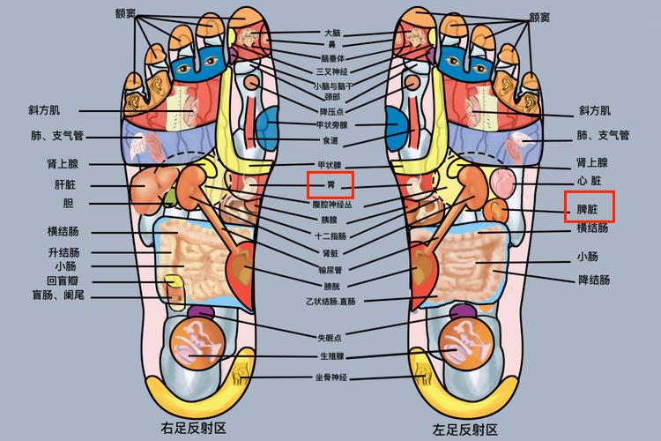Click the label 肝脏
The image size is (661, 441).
pos(67,185)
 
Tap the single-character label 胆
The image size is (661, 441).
pos(68,204)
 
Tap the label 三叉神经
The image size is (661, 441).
pos(330,71)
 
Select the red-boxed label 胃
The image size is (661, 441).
pos(330,184)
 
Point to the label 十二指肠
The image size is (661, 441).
pos(330,236)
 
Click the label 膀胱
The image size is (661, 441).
pos(330,286)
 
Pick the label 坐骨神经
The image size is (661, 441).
pos(330,377)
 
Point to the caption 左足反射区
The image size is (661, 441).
pos(464,430)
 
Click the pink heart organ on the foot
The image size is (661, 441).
pos(503,183)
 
